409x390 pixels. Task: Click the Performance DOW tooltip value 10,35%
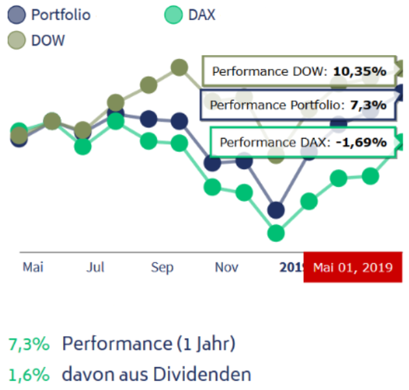pos(359,71)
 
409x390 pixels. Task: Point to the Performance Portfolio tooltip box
pos(298,105)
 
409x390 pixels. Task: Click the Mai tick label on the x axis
pos(32,267)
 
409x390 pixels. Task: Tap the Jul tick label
pos(95,267)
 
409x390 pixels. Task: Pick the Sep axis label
pos(162,267)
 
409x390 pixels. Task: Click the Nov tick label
pos(226,267)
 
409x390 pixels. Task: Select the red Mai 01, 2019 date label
pos(353,267)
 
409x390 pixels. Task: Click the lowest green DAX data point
pos(276,233)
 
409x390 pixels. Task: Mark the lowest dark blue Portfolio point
pos(276,210)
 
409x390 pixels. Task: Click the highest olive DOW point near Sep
pos(179,67)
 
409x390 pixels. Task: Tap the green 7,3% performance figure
pos(28,344)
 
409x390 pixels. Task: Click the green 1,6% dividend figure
pos(28,374)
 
